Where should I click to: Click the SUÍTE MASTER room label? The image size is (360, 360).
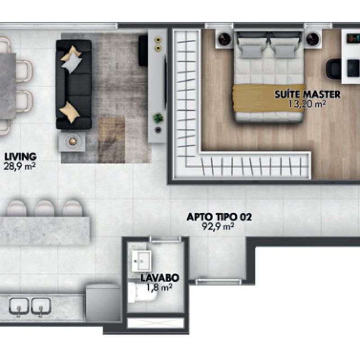308,95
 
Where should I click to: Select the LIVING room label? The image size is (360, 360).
20,157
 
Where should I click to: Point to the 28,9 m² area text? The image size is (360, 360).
20,166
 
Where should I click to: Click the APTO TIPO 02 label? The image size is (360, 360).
219,218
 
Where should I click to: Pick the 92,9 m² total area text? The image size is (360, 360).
219,227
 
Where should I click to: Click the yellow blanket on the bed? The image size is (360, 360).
268,98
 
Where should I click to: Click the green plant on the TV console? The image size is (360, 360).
158,118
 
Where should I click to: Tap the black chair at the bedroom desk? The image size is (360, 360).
333,68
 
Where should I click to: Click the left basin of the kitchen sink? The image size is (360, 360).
19,306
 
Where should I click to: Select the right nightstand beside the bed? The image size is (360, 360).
313,39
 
